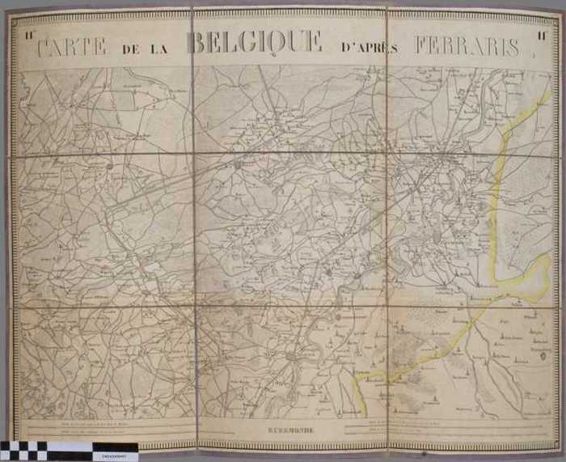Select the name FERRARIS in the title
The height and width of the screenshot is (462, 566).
point(467,46)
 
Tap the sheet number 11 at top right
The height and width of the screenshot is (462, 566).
point(541,35)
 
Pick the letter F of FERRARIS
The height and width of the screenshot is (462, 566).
point(423,46)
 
